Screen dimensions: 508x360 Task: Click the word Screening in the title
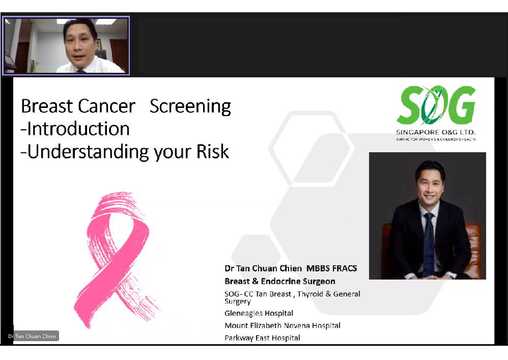190,106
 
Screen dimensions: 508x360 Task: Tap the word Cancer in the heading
106,106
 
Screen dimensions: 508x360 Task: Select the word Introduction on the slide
78,129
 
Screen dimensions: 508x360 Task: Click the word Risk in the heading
213,151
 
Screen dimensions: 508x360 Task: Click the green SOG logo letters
436,105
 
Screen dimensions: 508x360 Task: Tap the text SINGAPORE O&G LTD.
436,132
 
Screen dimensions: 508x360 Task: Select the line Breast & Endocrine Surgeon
280,281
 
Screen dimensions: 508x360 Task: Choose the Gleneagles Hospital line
259,313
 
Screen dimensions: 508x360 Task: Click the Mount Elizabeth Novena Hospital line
283,325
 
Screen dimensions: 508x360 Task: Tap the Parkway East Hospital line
263,338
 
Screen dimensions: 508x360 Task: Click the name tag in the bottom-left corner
33,336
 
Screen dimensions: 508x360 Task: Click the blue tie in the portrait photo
429,243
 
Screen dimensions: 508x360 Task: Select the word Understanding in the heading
89,152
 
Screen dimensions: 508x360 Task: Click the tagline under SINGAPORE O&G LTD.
436,139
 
